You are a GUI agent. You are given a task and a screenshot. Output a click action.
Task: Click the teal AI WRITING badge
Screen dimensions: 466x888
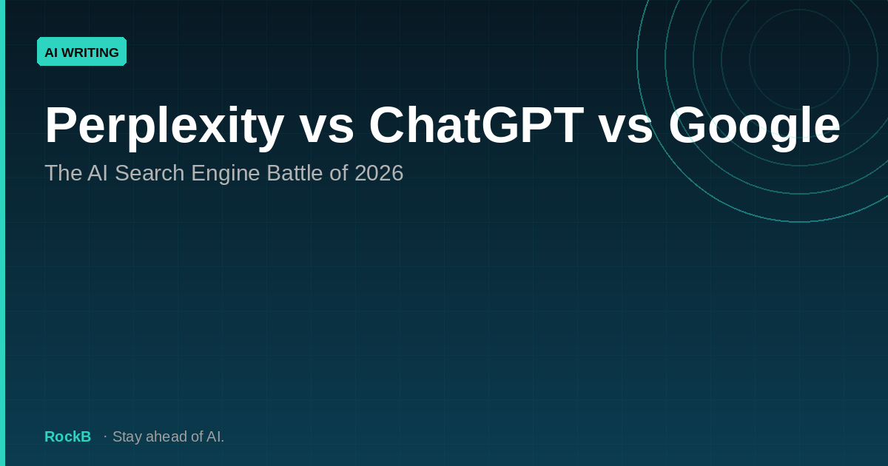point(81,52)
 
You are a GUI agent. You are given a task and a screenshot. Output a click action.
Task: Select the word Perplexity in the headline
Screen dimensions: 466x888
point(164,126)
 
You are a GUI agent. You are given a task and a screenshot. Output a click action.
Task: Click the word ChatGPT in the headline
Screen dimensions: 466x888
point(476,126)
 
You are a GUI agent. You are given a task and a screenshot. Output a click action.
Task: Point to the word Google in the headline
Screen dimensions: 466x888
point(754,126)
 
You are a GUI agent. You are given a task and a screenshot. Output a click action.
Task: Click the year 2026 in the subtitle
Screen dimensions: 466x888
point(379,173)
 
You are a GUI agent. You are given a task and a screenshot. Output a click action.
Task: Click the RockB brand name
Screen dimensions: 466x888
point(67,436)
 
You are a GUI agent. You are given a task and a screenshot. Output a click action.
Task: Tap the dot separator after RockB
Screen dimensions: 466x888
point(105,436)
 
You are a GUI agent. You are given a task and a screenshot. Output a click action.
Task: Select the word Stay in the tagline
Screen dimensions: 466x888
point(127,436)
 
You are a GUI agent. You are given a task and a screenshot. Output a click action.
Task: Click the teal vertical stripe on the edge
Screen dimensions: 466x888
point(2,233)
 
